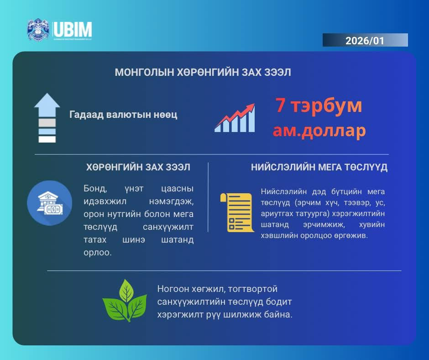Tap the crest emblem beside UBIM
click(x=38, y=30)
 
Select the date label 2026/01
click(x=365, y=41)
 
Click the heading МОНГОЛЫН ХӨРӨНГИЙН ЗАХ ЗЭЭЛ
click(x=203, y=73)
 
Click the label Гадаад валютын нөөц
click(x=123, y=115)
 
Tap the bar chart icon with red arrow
click(x=235, y=118)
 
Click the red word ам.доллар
click(x=319, y=131)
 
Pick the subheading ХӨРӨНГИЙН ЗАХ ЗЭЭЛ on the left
click(x=138, y=167)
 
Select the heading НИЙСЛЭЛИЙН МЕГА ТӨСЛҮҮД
click(x=319, y=167)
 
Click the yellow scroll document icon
click(x=237, y=212)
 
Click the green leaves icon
click(x=124, y=302)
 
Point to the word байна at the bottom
click(x=277, y=315)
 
